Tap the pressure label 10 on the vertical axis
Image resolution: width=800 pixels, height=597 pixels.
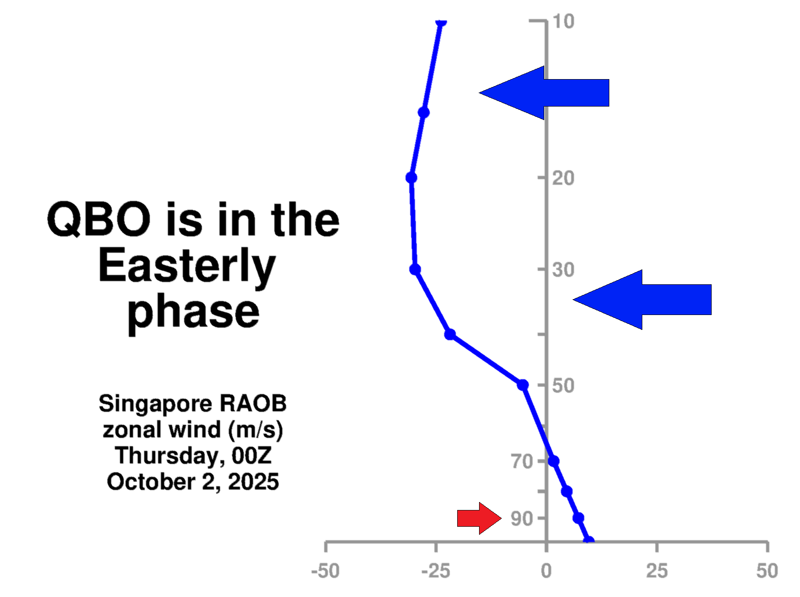[563, 21]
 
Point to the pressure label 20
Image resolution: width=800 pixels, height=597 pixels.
[563, 178]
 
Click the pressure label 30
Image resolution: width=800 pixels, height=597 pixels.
[563, 269]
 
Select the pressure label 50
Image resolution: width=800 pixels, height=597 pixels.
[563, 385]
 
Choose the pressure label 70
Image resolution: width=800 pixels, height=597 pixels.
[521, 461]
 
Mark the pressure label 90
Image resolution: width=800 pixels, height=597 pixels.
[521, 518]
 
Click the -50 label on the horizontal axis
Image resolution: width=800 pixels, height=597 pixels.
[326, 570]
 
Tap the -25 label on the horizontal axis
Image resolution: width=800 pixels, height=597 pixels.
[436, 570]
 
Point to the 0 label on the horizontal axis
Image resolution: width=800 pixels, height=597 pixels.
[547, 570]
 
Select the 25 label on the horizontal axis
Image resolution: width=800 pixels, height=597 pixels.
[657, 570]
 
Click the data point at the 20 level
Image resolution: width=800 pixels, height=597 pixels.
[411, 178]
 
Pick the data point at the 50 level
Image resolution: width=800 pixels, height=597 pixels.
[523, 385]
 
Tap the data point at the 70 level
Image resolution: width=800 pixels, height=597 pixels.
[553, 461]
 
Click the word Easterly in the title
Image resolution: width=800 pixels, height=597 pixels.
[187, 266]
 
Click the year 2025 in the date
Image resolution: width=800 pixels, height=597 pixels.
[253, 482]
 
